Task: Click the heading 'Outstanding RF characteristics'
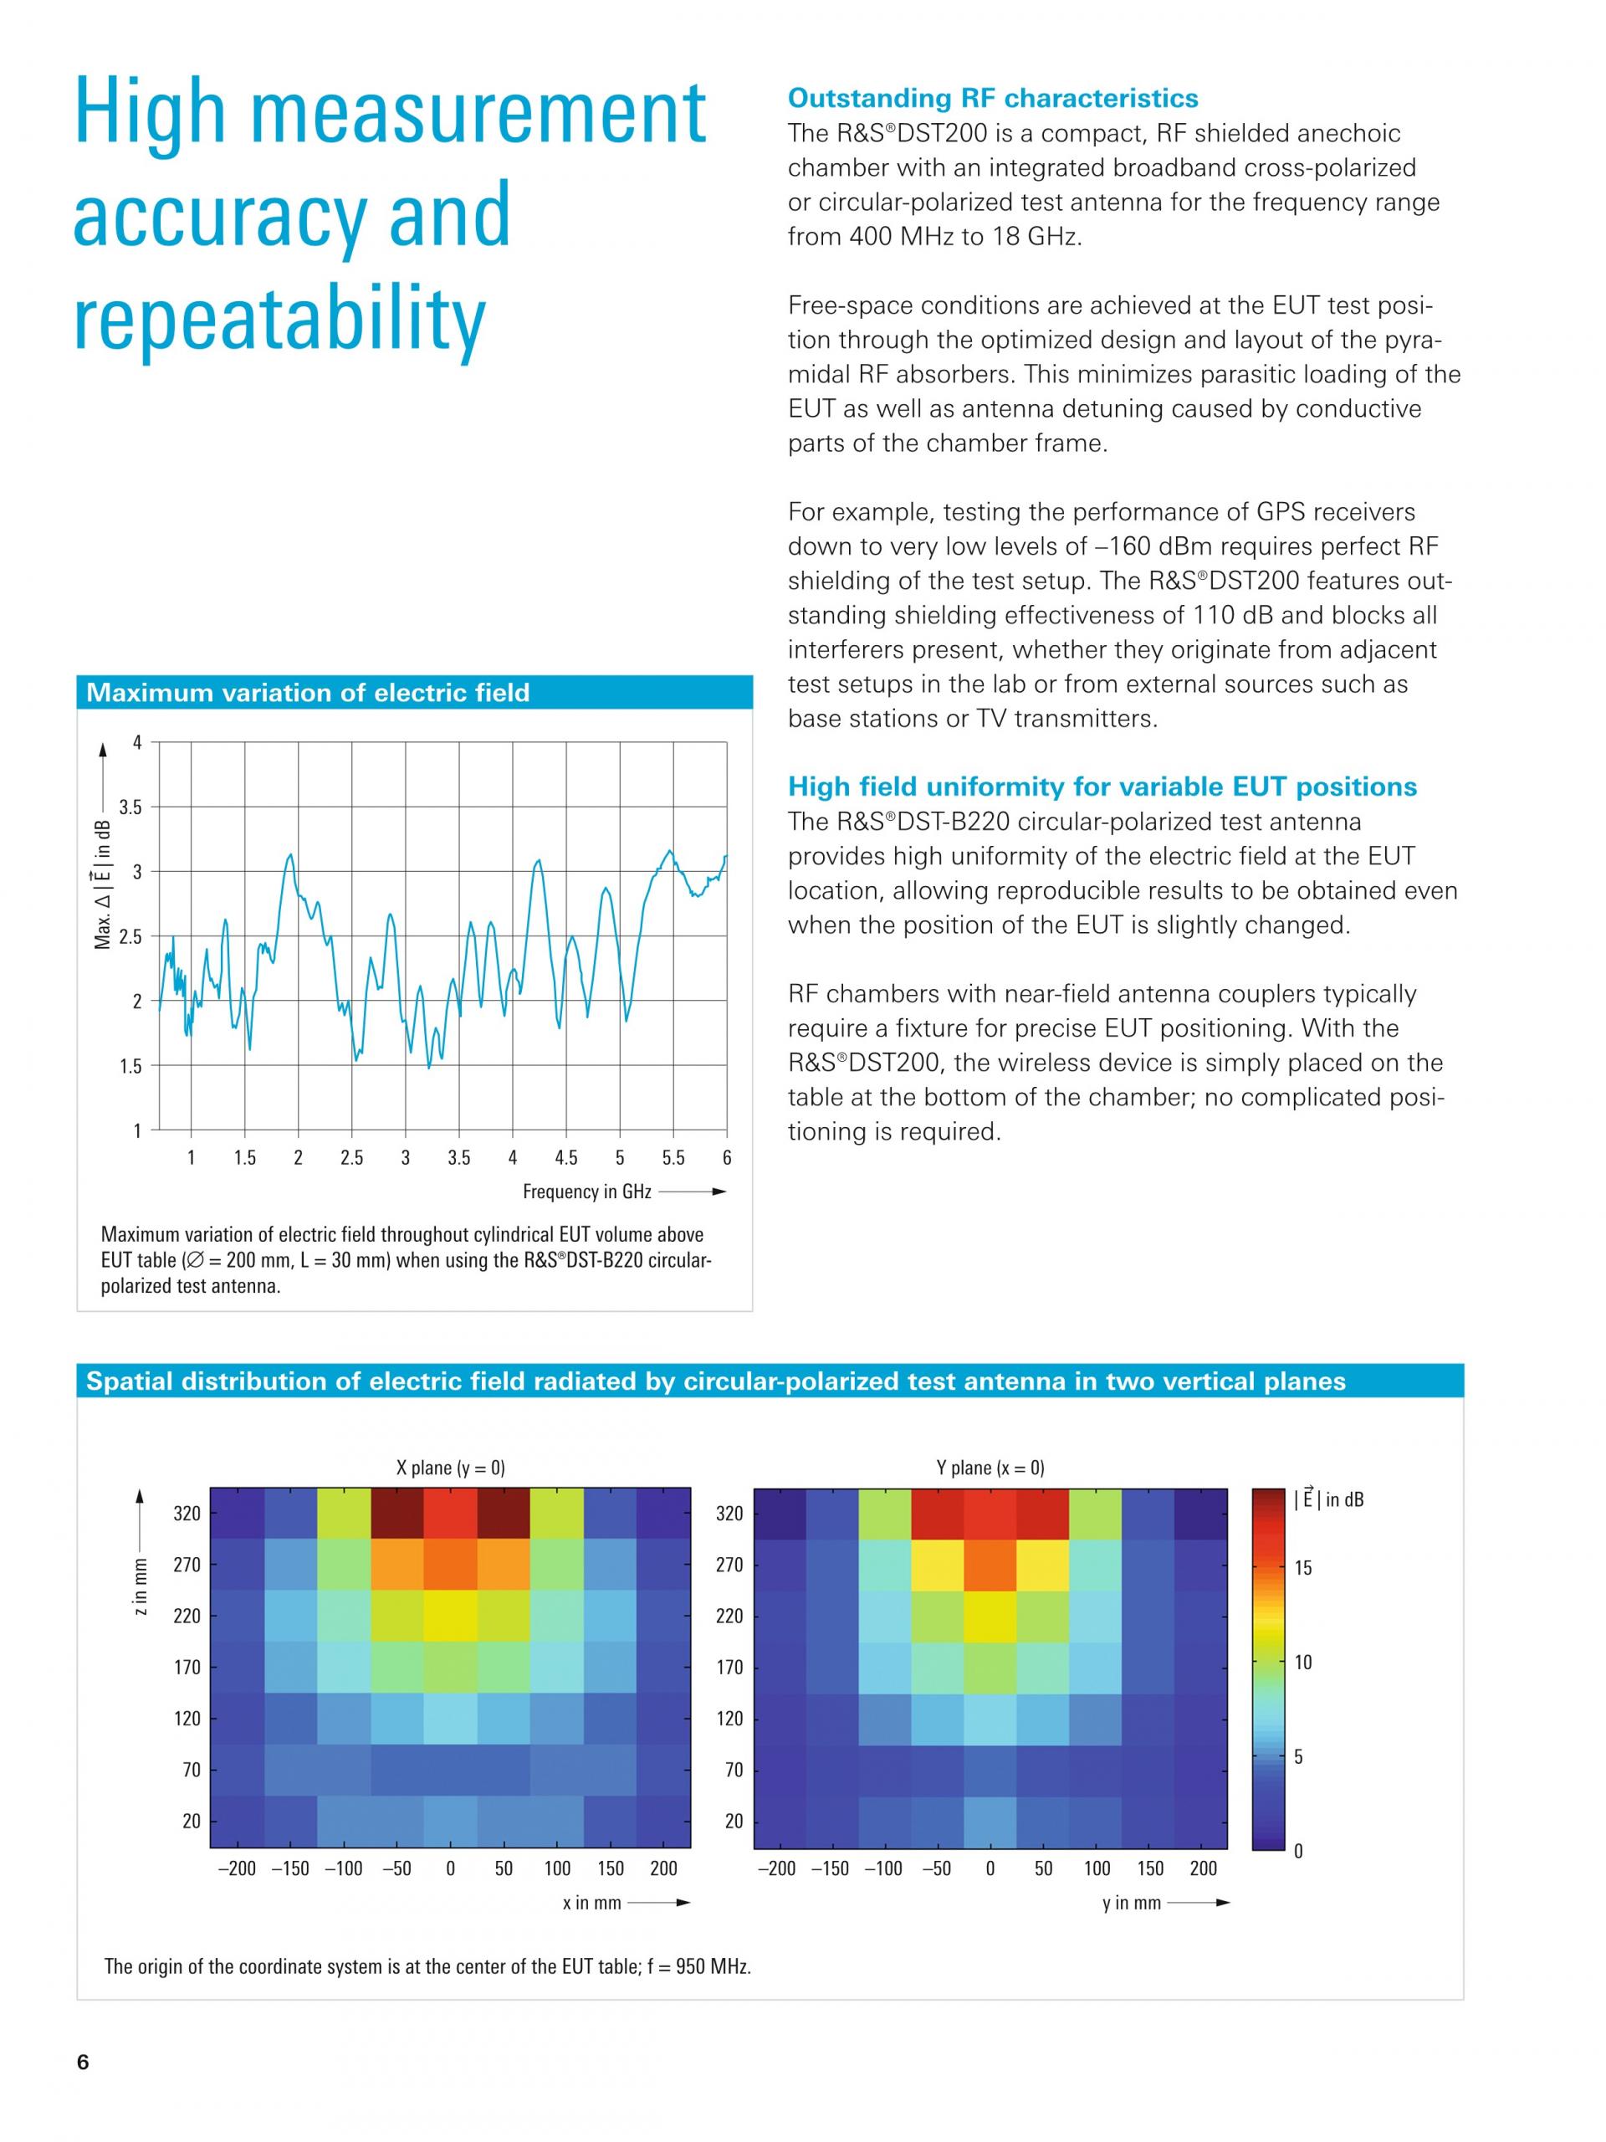(992, 98)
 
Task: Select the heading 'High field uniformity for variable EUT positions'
(1102, 787)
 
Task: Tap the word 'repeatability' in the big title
(279, 320)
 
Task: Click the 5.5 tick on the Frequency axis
(673, 1157)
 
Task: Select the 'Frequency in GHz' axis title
(586, 1191)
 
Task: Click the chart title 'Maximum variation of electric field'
(308, 692)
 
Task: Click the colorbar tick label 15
(1303, 1568)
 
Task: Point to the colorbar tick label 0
(1298, 1851)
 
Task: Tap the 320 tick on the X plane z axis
(187, 1514)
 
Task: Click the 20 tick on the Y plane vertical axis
(734, 1821)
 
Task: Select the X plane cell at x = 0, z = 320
(450, 1514)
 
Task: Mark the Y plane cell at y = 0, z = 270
(990, 1565)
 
